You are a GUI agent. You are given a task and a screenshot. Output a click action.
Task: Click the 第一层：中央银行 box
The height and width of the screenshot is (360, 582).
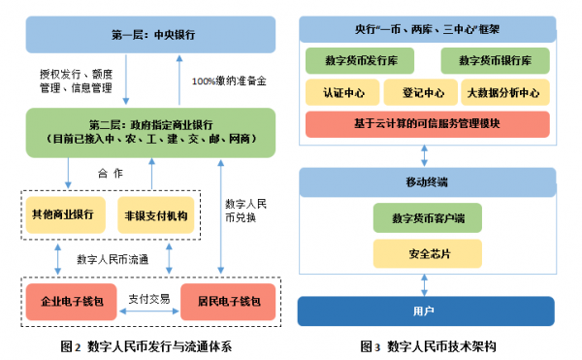point(151,35)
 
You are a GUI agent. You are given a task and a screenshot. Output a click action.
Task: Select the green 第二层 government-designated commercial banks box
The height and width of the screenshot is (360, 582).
point(151,132)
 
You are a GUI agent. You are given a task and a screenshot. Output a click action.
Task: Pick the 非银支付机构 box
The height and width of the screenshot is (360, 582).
point(155,213)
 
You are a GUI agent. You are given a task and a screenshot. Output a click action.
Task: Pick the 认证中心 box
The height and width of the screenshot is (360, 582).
point(340,93)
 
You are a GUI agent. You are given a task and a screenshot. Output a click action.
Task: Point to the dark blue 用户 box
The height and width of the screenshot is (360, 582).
point(426,311)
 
